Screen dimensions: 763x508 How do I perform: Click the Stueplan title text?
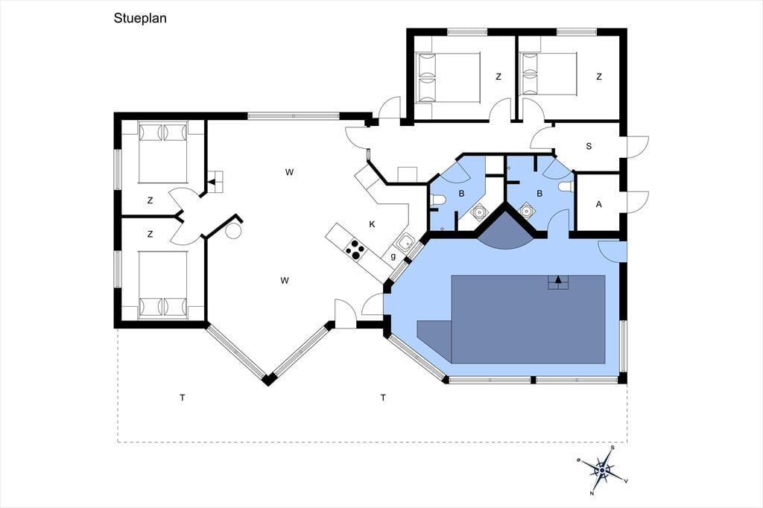point(140,19)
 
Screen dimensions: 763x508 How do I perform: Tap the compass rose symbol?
point(602,470)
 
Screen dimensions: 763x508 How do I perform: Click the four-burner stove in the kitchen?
point(355,249)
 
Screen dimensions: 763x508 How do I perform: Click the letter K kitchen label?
point(373,224)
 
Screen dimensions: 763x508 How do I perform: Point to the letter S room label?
point(589,146)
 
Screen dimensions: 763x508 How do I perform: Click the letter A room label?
point(598,204)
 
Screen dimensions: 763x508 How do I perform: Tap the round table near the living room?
point(233,231)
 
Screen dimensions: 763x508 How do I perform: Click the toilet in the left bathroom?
point(437,200)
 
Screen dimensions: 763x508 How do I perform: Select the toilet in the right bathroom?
point(566,186)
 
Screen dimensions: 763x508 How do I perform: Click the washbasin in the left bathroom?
point(480,212)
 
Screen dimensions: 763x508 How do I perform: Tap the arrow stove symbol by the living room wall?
point(214,182)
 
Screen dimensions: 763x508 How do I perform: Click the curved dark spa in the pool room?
point(506,229)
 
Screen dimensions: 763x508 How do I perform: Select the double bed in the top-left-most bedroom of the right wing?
point(449,78)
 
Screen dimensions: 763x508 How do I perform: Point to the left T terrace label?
point(183,398)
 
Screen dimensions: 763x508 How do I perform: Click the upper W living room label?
point(289,172)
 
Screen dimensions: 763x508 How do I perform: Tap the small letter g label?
point(393,256)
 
